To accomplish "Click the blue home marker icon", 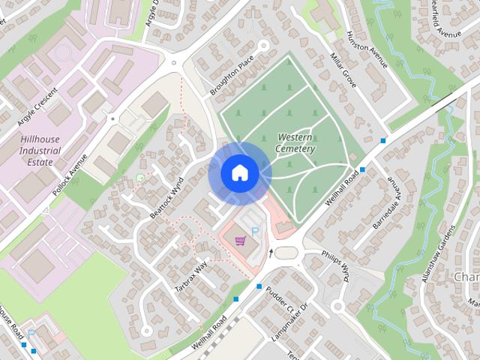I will [239, 173].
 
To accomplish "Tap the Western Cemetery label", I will [295, 143].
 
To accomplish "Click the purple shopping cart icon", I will [240, 241].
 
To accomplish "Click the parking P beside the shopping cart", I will [255, 232].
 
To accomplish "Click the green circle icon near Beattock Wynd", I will [139, 178].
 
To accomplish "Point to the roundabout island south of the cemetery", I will [285, 253].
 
